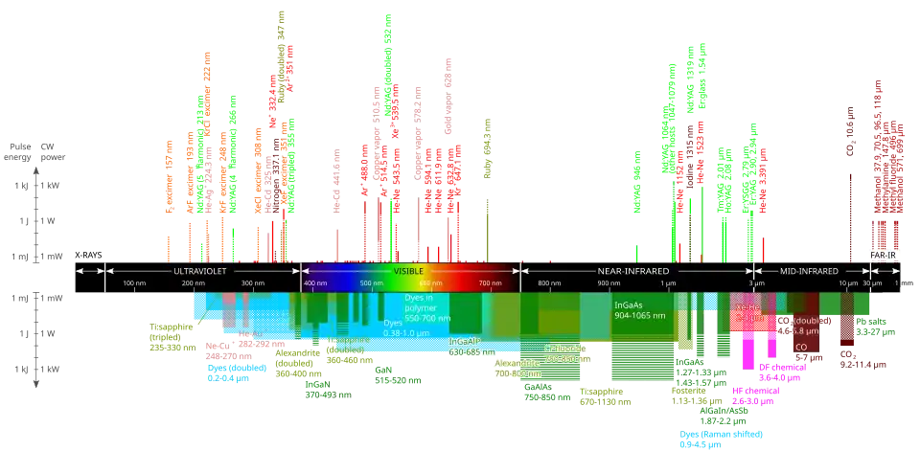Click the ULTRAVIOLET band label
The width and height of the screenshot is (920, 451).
pos(201,271)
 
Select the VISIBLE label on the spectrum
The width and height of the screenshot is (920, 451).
pos(409,271)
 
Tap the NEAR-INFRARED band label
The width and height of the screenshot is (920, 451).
pos(633,271)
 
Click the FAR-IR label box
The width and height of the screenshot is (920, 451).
pos(882,255)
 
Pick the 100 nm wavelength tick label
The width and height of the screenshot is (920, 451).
pos(133,283)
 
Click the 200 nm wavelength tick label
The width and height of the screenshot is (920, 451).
pos(193,283)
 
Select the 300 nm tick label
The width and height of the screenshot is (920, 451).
pos(252,283)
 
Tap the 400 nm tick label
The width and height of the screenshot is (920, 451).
pos(315,283)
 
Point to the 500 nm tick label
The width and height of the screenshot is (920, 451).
pos(371,283)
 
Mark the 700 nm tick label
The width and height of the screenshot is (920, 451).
pos(489,283)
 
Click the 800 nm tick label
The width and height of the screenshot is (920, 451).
pos(549,283)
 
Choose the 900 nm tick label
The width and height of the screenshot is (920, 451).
pos(609,283)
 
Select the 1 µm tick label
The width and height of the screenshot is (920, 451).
pos(667,283)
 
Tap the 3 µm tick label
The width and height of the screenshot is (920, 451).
pos(756,283)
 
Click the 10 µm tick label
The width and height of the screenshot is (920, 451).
pos(848,283)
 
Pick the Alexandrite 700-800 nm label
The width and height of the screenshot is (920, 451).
pos(517,369)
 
